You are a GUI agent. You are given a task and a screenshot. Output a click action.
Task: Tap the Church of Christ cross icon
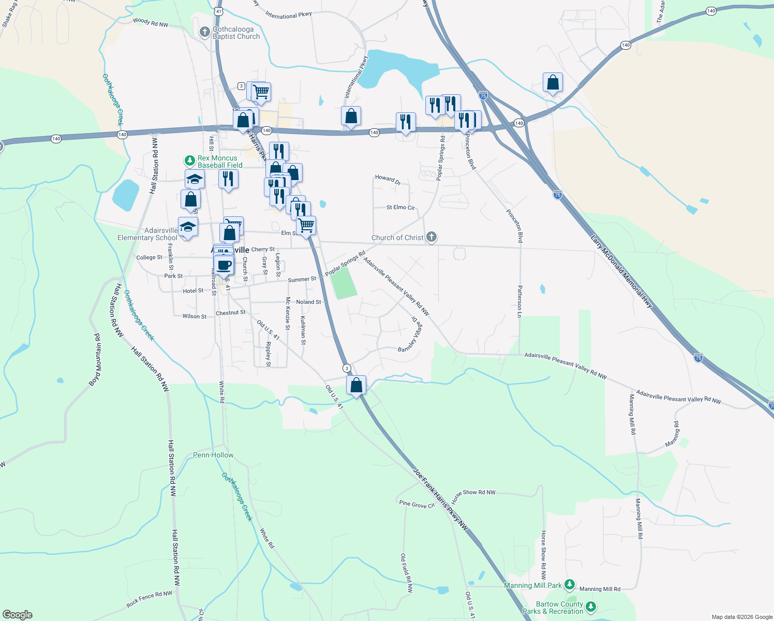coord(431,237)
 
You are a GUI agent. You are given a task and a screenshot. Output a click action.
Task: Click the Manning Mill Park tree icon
coord(570,585)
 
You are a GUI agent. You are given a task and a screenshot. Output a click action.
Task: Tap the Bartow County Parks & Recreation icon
coord(590,607)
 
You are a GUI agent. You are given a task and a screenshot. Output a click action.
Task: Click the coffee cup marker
coord(224,265)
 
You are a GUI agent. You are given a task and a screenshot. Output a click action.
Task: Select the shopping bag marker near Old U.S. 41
coord(356,386)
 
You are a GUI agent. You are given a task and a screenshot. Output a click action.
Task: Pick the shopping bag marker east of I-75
coord(553,83)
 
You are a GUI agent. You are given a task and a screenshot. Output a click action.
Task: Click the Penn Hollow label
coord(213,455)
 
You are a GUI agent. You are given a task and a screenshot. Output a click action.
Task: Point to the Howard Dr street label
coord(388,179)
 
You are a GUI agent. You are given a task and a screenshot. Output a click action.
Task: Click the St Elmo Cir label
coord(400,208)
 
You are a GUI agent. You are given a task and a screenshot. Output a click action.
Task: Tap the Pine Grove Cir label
coord(416,504)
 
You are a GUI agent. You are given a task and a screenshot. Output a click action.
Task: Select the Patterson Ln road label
coord(519,301)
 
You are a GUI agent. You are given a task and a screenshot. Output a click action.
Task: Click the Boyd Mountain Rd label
coord(95,360)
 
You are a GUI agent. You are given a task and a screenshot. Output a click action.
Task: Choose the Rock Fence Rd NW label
coord(149,599)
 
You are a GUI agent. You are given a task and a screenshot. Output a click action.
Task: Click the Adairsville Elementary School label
coord(147,234)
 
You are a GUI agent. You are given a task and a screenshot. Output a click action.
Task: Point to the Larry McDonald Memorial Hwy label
coord(621,272)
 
